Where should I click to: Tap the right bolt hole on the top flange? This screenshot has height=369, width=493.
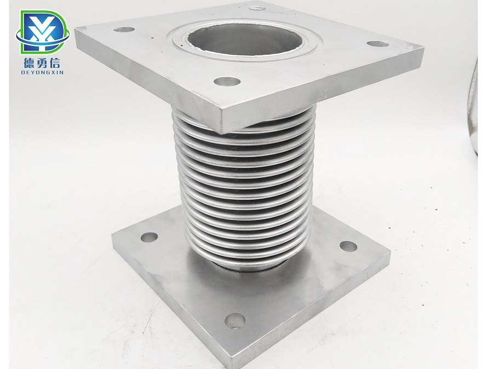coord(377,44)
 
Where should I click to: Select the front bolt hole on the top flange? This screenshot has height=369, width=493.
coord(227,82)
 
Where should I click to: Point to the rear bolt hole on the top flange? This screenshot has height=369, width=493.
coord(257,9)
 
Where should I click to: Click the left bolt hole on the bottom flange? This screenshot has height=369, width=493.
coord(148,238)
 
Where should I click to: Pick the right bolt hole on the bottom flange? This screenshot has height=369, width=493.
coord(348,246)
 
